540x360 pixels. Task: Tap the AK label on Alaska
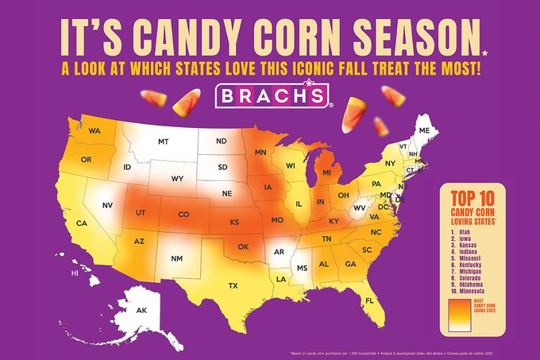point(142,311)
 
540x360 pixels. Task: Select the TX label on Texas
point(233,285)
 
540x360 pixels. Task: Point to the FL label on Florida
point(369,300)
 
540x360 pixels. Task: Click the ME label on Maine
point(424,130)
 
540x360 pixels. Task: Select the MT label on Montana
point(164,141)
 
